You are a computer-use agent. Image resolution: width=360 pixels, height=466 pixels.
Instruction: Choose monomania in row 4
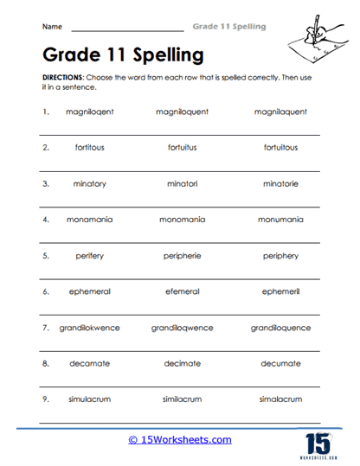pyautogui.click(x=182, y=220)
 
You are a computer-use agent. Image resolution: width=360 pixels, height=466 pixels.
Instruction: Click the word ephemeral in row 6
pyautogui.click(x=89, y=291)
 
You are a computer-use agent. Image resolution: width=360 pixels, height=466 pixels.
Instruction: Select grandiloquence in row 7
pyautogui.click(x=280, y=328)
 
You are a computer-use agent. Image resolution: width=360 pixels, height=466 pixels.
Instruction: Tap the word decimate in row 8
pyautogui.click(x=182, y=364)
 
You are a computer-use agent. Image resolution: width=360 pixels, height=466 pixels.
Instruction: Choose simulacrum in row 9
pyautogui.click(x=89, y=399)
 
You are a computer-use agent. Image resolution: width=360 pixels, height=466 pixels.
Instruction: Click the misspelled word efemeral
pyautogui.click(x=182, y=291)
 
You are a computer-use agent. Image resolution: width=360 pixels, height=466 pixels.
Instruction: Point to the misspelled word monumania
pyautogui.click(x=280, y=220)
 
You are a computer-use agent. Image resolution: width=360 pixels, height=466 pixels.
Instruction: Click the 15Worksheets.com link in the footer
pyautogui.click(x=180, y=439)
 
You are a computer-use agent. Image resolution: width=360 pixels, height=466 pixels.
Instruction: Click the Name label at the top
pyautogui.click(x=51, y=28)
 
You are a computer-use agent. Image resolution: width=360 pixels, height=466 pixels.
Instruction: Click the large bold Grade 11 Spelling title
pyautogui.click(x=123, y=55)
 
